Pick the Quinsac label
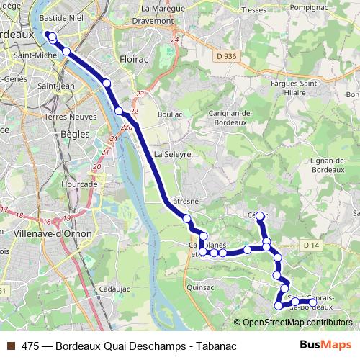click(x=200, y=287)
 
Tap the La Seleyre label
click(x=173, y=154)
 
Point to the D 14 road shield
click(x=310, y=246)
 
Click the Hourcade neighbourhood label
click(x=79, y=184)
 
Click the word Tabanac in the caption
click(x=216, y=346)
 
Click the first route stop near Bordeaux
click(x=51, y=35)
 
